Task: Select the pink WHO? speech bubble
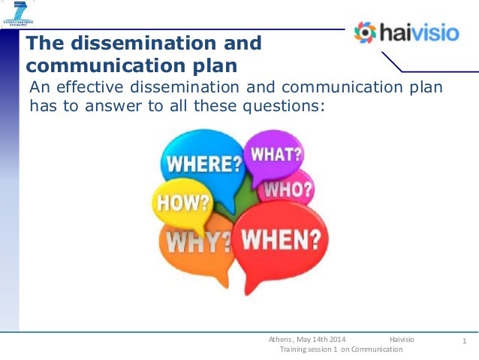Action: (x=288, y=189)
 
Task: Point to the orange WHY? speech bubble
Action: (x=197, y=242)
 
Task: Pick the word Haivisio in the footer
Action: (x=402, y=340)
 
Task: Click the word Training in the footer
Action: (x=293, y=350)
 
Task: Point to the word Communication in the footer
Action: (x=378, y=350)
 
